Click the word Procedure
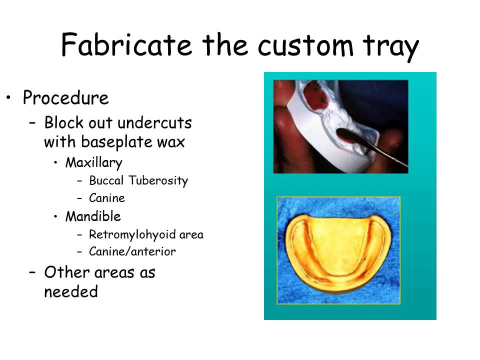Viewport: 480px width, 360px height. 65,98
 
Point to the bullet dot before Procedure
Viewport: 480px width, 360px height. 8,96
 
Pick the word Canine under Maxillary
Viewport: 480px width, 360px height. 106,198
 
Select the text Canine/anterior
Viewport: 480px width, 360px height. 132,252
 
